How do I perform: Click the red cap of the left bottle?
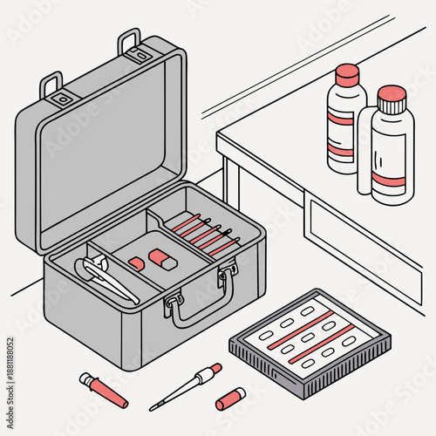click(347, 72)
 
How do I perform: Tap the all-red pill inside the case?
click(136, 262)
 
